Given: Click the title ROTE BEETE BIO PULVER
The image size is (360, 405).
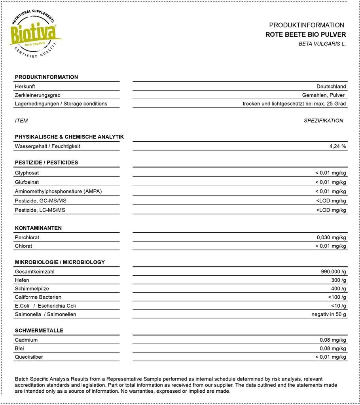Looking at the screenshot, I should [x=305, y=35].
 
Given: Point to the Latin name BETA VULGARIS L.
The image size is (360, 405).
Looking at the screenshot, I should [x=322, y=44].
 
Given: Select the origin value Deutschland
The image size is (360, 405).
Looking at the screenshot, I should [x=331, y=86].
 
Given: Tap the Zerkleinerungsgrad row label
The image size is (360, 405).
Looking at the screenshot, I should [x=38, y=95].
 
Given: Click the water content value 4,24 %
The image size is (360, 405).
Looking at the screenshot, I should [x=337, y=146].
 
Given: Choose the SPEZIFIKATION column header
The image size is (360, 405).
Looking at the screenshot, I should [x=323, y=121].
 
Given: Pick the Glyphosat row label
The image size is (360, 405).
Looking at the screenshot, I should [x=27, y=173].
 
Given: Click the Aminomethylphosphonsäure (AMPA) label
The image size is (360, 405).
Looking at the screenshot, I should [x=58, y=191].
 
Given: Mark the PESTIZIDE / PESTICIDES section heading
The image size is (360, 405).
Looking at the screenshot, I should [x=46, y=163].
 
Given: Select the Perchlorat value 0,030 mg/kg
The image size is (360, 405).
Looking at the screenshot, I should [x=331, y=237].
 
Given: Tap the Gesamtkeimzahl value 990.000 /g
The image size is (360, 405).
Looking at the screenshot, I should [x=333, y=272].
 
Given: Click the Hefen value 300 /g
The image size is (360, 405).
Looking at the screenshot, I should [x=339, y=280].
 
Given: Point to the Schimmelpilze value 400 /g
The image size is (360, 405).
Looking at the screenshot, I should [x=339, y=289].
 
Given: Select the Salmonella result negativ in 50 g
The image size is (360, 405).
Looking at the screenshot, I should [x=328, y=314].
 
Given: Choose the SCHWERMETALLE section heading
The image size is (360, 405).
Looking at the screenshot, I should [x=39, y=331].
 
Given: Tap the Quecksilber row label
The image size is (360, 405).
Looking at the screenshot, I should [x=29, y=357].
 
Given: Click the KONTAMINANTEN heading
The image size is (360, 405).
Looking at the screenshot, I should [x=38, y=228].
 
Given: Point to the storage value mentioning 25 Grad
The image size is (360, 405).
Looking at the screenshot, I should [x=294, y=104].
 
